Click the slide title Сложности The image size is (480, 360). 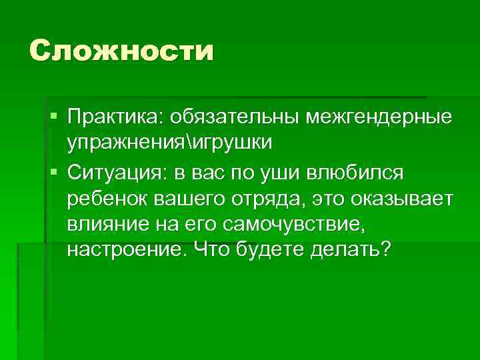[x=122, y=51]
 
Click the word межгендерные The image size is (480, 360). [x=378, y=117]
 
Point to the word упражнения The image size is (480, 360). [x=125, y=143]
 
